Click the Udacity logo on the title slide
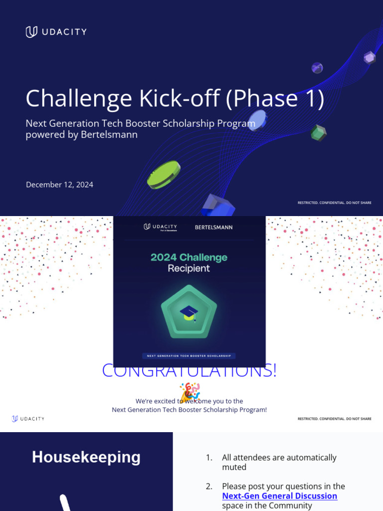click(x=56, y=32)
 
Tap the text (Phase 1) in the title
click(x=275, y=98)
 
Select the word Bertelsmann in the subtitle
click(x=109, y=135)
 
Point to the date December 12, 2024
click(x=59, y=185)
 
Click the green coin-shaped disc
click(x=164, y=175)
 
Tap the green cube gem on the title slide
click(x=318, y=133)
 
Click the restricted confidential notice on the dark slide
click(x=334, y=203)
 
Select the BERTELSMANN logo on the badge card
click(x=213, y=228)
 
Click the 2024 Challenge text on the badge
click(x=189, y=257)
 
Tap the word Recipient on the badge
click(x=189, y=268)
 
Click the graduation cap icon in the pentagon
click(x=189, y=313)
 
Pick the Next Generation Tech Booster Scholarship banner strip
click(x=189, y=356)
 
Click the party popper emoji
click(x=190, y=392)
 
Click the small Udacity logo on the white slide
click(x=28, y=419)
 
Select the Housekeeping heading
click(x=86, y=457)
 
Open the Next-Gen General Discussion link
click(x=279, y=496)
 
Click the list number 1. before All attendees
click(x=209, y=458)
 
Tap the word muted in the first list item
click(x=234, y=467)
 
